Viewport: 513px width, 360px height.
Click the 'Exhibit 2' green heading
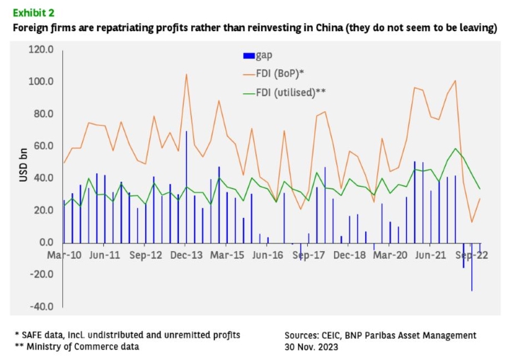[33, 13]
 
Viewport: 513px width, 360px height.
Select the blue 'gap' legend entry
[258, 55]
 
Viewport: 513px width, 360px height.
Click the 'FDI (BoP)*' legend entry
[274, 74]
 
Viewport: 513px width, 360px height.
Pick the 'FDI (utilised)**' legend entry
[284, 93]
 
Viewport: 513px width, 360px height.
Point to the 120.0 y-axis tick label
[41, 50]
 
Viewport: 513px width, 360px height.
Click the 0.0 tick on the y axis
[47, 243]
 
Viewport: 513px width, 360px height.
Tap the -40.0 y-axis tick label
[42, 307]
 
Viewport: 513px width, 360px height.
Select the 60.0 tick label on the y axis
[43, 146]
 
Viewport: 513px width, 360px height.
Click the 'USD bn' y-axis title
[23, 165]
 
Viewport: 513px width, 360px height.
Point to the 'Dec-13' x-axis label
[187, 255]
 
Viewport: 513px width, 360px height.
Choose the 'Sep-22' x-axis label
[472, 255]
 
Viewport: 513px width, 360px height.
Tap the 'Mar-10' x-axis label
[64, 255]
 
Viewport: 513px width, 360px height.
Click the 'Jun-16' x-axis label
[267, 255]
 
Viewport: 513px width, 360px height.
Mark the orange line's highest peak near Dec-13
[187, 74]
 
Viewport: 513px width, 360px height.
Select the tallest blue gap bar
[187, 187]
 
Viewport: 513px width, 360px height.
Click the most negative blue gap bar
[472, 267]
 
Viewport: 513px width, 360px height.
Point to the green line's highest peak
[456, 149]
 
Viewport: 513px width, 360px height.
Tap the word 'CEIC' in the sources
[330, 335]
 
